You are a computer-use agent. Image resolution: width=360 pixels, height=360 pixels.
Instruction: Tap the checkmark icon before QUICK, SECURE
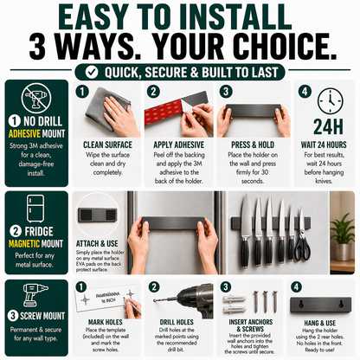[x=104, y=70]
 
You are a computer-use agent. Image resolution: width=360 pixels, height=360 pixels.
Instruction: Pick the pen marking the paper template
[x=130, y=305]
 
